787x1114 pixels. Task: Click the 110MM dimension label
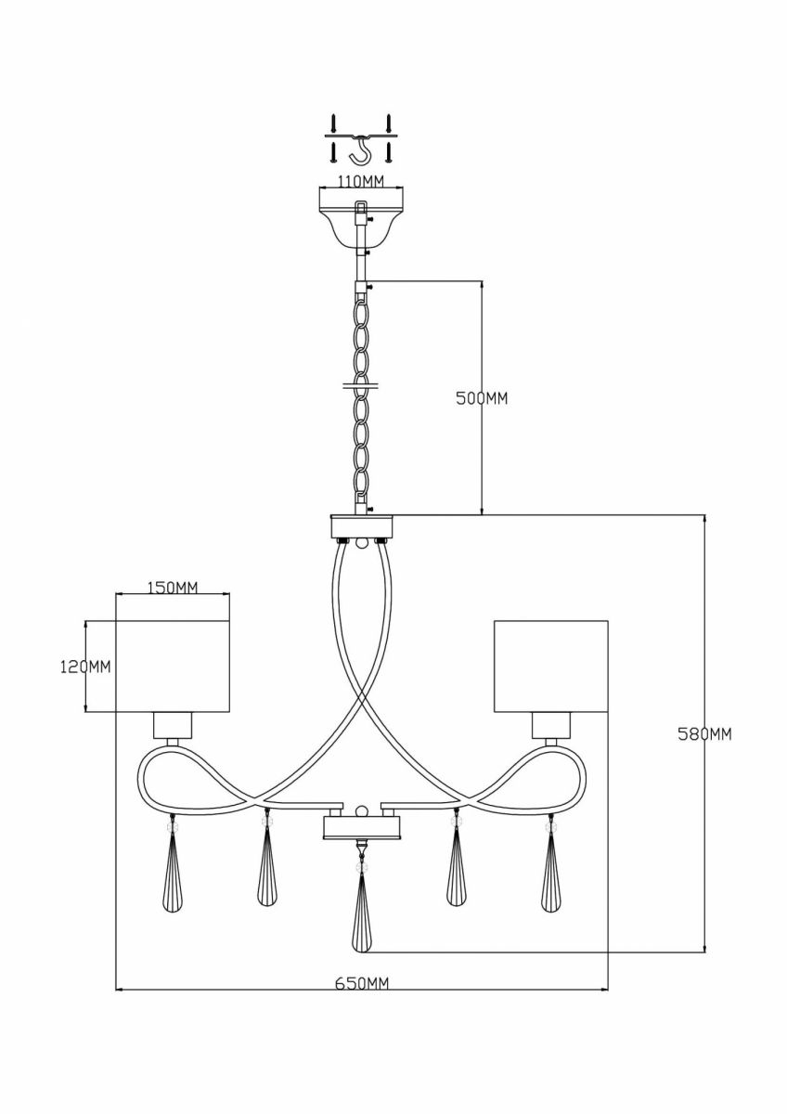click(361, 181)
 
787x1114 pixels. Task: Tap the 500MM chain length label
click(482, 398)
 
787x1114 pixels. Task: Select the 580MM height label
click(705, 734)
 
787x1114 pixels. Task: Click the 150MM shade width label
click(173, 588)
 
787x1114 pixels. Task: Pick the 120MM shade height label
click(85, 667)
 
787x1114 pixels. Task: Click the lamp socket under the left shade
click(172, 725)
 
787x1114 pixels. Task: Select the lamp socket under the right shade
click(551, 725)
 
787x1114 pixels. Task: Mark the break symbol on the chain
click(360, 385)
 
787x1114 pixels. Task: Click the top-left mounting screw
click(333, 123)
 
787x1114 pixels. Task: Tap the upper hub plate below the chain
click(361, 525)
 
